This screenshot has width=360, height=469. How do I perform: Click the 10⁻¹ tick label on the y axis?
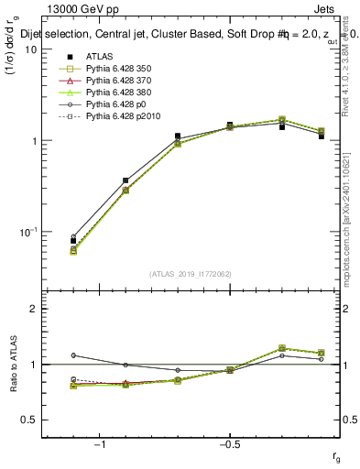27,233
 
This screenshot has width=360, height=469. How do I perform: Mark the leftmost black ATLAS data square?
73,241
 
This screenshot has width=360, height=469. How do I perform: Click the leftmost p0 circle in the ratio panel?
73,355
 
